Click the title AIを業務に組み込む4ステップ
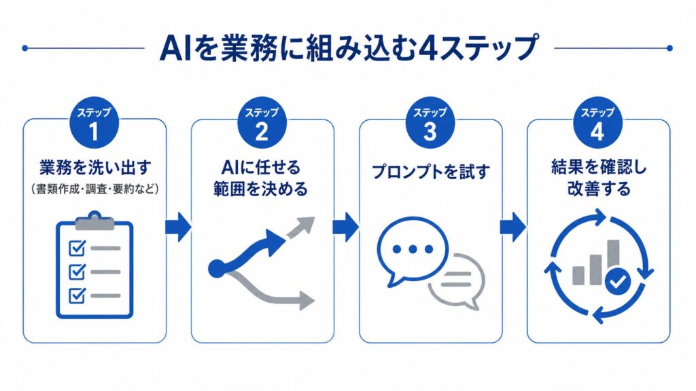point(348,48)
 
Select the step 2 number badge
point(262,124)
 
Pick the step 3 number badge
point(430,124)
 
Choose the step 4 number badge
point(597,124)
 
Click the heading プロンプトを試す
point(430,172)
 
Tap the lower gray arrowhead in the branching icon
point(307,299)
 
